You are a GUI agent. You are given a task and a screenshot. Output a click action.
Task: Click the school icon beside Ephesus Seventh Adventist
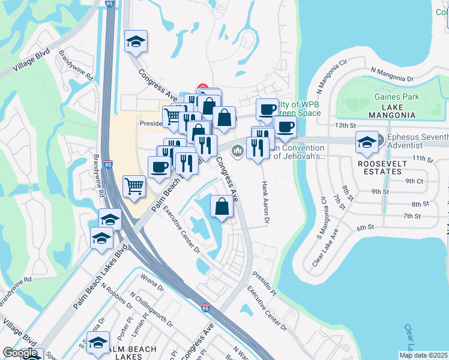point(366,142)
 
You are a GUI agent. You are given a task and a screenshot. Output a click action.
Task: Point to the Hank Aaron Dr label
point(264,200)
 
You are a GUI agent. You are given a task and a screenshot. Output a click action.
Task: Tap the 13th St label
point(346,125)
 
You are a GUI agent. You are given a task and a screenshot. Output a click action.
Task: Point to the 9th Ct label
point(414,181)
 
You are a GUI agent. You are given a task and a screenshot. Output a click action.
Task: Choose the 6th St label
point(365,227)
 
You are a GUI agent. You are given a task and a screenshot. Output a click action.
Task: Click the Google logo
point(20,353)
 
